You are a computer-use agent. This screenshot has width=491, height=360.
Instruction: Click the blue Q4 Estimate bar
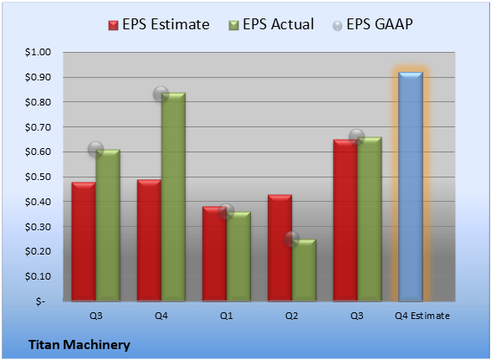[411, 187]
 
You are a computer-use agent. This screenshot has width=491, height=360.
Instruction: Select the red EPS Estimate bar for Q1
[214, 254]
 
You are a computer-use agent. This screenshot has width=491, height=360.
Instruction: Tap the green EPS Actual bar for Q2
[304, 270]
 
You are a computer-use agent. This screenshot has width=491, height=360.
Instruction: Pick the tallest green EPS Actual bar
[173, 197]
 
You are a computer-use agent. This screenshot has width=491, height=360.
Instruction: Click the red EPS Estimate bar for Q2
[280, 248]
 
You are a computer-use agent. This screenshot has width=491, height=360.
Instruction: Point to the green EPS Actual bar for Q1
[238, 256]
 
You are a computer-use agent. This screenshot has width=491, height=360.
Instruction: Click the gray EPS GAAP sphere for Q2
[292, 239]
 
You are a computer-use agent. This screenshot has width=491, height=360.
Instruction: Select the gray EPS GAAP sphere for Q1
[226, 211]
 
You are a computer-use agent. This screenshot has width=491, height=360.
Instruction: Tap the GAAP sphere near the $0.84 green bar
[161, 94]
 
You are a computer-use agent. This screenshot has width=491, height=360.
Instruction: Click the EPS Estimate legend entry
[159, 24]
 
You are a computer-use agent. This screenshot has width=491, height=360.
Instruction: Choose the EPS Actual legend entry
[271, 24]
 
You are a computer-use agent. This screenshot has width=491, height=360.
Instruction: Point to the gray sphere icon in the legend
[337, 26]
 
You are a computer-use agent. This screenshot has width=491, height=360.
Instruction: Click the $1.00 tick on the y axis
[38, 52]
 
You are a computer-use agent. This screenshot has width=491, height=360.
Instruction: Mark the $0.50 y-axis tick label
[38, 177]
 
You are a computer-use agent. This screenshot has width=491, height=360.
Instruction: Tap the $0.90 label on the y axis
[38, 77]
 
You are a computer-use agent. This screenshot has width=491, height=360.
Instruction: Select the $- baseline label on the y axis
[40, 301]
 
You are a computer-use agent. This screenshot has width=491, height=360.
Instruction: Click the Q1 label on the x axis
[226, 316]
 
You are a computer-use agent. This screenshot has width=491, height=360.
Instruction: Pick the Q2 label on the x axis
[292, 316]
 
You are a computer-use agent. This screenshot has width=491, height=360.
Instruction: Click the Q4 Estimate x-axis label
[422, 316]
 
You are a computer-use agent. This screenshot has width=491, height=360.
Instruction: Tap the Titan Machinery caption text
[79, 345]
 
